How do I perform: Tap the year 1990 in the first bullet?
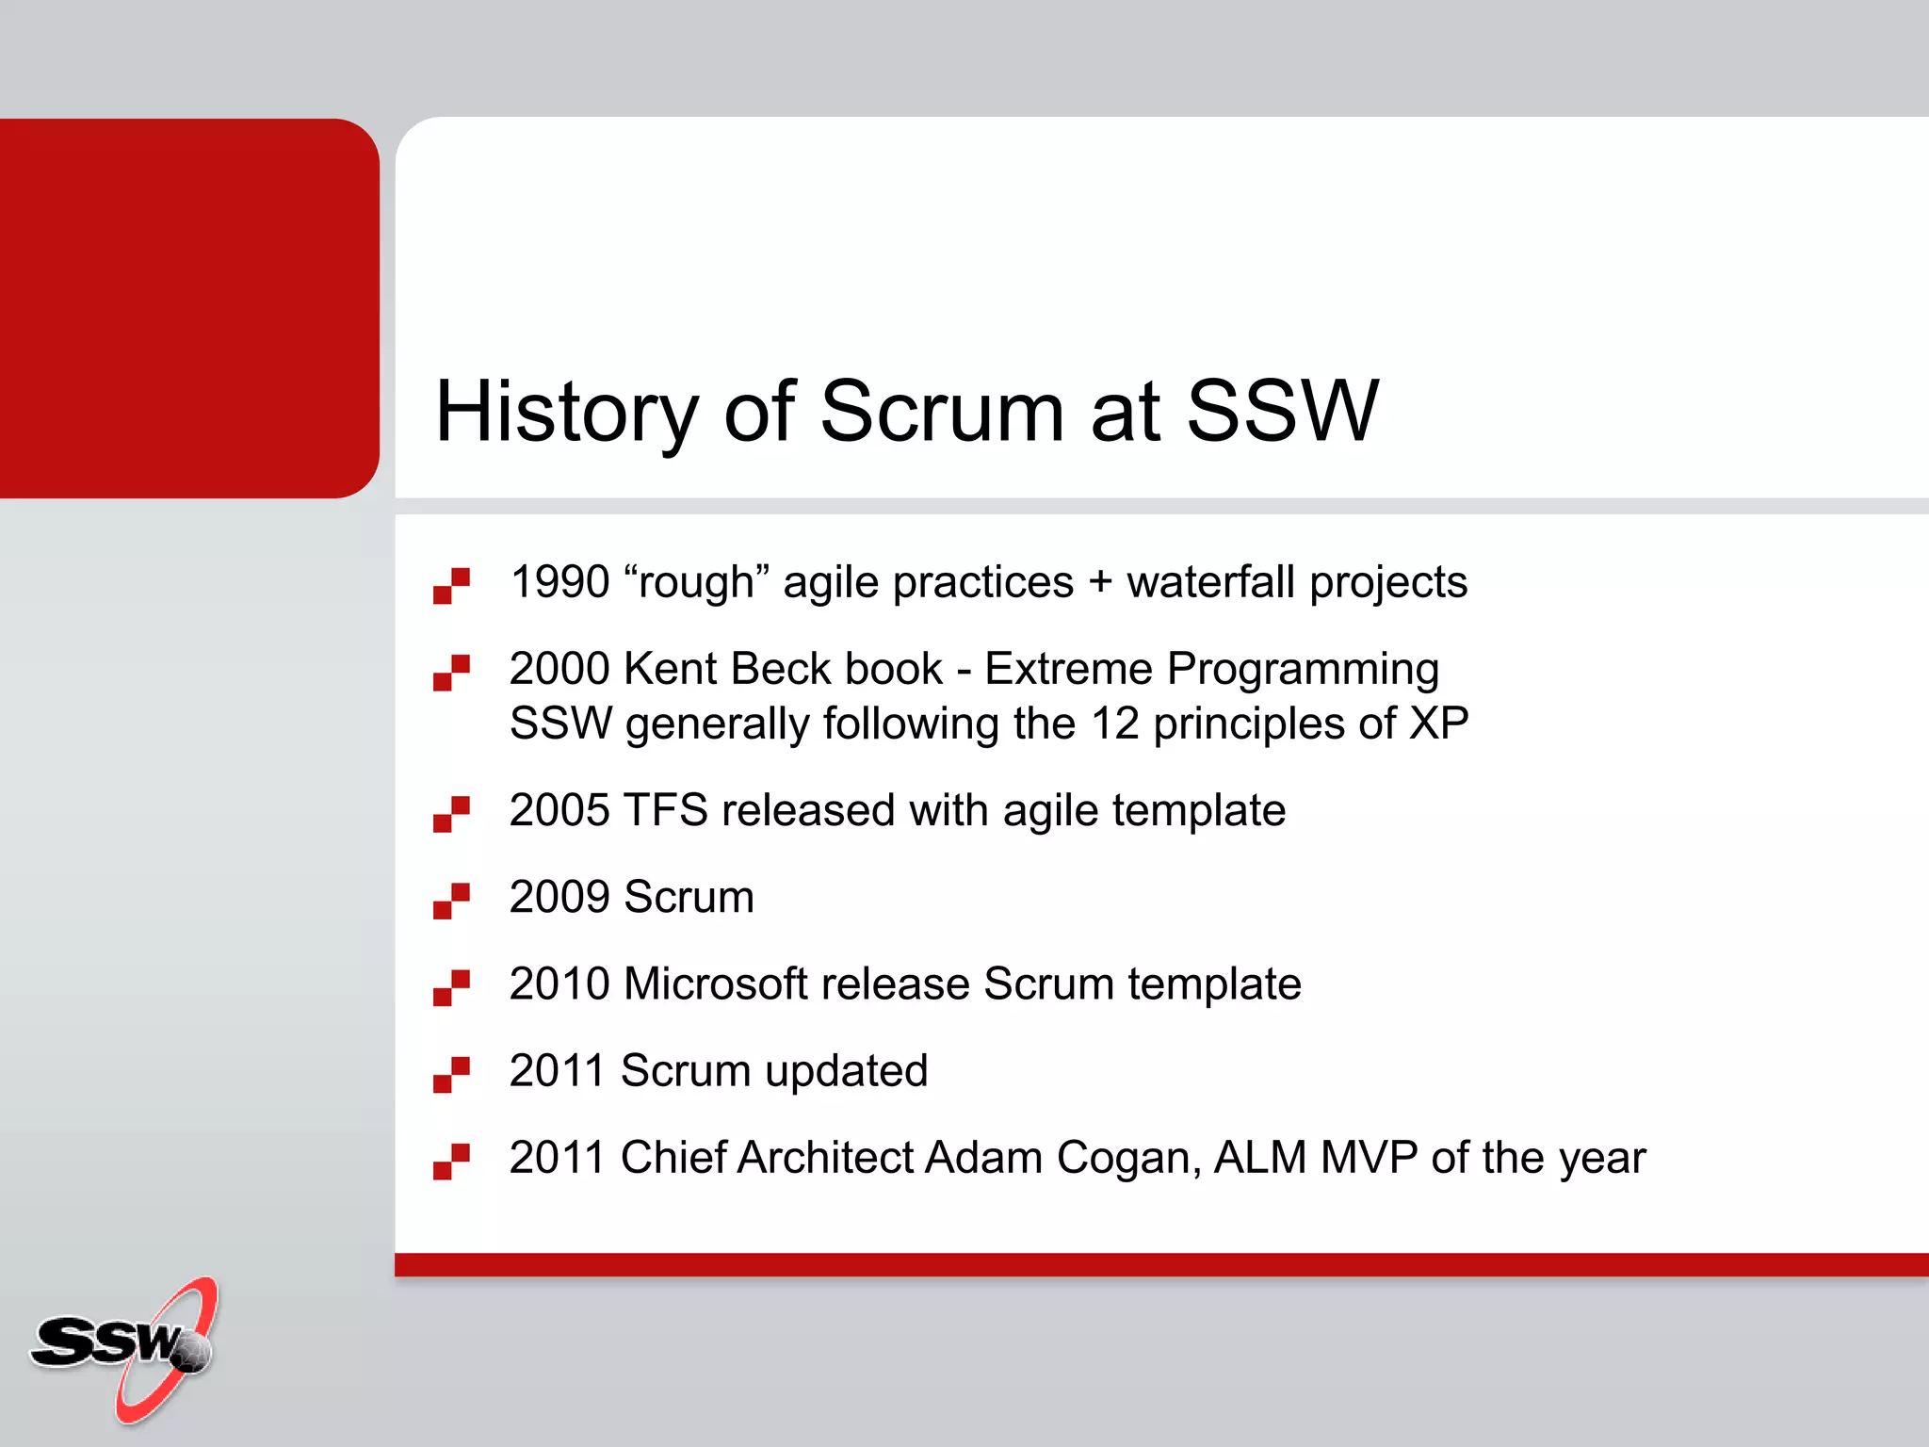pos(559,582)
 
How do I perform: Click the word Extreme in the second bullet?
pos(1068,669)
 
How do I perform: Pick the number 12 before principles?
pos(1115,724)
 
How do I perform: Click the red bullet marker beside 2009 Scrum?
pos(451,900)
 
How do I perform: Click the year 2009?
pos(559,897)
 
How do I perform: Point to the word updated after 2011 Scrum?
pos(846,1071)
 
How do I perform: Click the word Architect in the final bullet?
pos(825,1158)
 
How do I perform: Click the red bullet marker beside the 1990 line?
pos(451,585)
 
